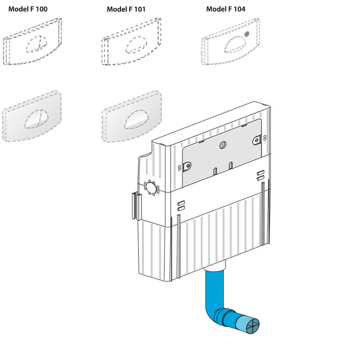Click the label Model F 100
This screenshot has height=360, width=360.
pos(28,9)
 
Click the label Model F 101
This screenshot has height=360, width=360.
pos(126,9)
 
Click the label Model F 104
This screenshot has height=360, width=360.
pos(226,9)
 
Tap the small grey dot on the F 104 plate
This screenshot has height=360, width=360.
pos(247,34)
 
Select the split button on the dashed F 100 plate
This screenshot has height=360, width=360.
pos(36,44)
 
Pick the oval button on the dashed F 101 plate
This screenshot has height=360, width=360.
pos(136,44)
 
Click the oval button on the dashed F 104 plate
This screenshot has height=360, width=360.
pos(235,44)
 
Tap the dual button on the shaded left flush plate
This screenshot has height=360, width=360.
pos(36,119)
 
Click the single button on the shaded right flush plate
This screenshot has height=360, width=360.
pos(136,119)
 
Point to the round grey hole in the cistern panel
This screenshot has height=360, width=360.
pos(223,145)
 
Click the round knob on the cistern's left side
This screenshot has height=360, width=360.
pos(152,187)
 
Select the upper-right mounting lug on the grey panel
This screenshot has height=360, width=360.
pos(257,140)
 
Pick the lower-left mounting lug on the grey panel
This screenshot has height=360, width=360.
pos(187,166)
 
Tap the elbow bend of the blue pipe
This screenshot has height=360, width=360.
pos(214,313)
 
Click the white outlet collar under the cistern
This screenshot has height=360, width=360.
pos(215,266)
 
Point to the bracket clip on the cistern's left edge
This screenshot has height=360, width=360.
pos(136,206)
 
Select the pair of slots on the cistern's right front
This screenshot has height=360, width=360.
pos(260,175)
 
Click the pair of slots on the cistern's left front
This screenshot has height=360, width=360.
pos(181,205)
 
